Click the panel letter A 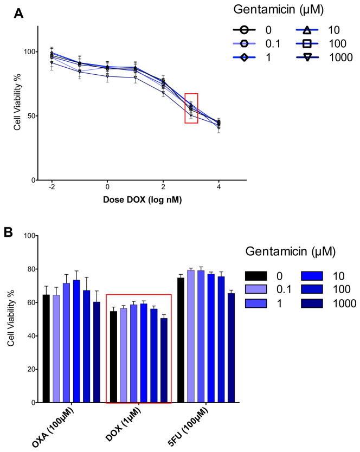(18, 15)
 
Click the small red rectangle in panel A (191, 108)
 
